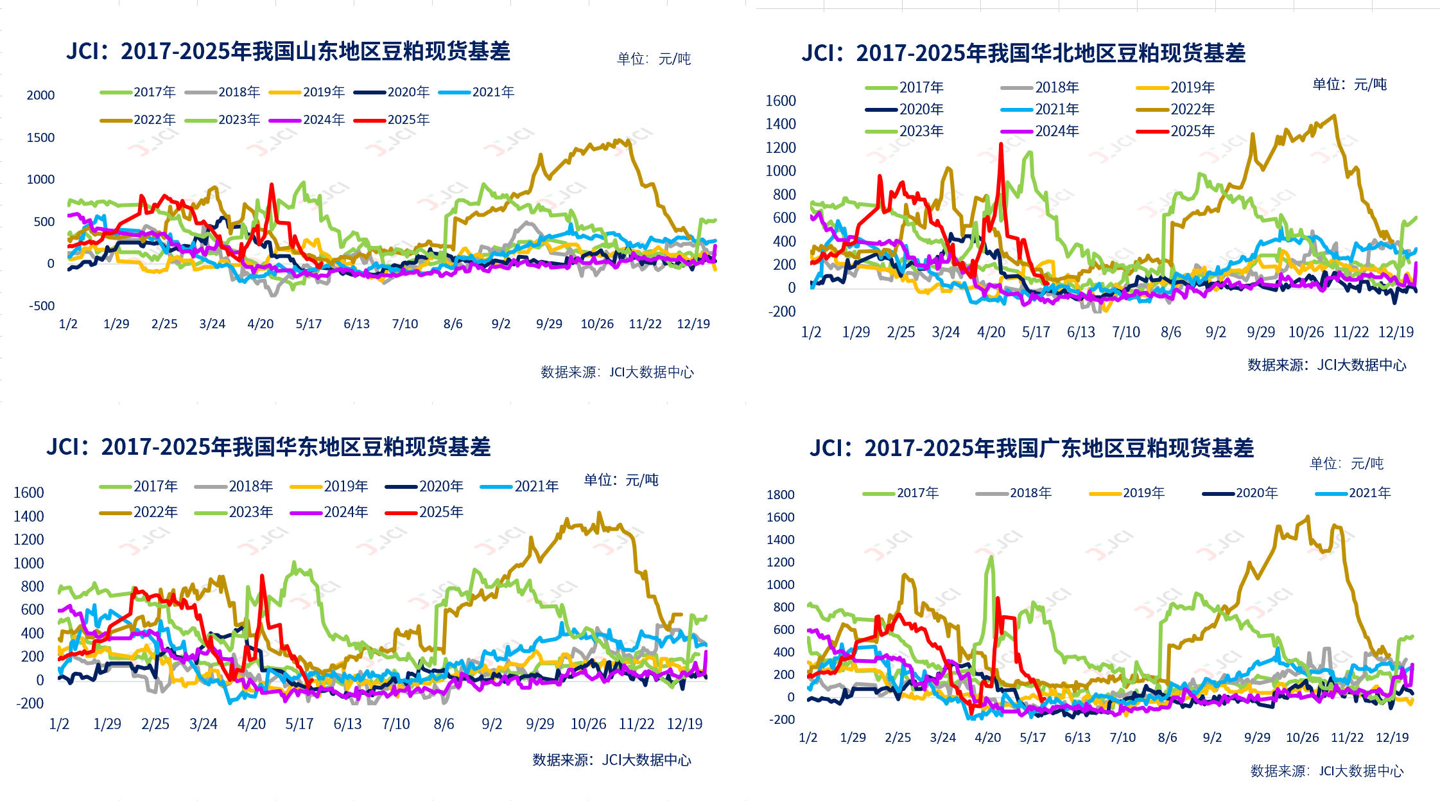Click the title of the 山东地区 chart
288,51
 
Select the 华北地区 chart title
1023,53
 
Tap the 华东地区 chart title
268,447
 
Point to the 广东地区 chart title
1032,448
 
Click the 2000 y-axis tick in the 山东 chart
40,95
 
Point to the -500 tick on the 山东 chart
42,306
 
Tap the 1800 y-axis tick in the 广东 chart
780,495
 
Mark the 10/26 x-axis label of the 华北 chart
1306,332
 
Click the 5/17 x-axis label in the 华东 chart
299,724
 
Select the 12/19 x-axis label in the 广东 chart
1392,737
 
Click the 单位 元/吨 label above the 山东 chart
654,59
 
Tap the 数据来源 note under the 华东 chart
611,760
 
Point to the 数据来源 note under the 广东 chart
1327,771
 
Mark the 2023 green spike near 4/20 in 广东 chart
991,557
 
